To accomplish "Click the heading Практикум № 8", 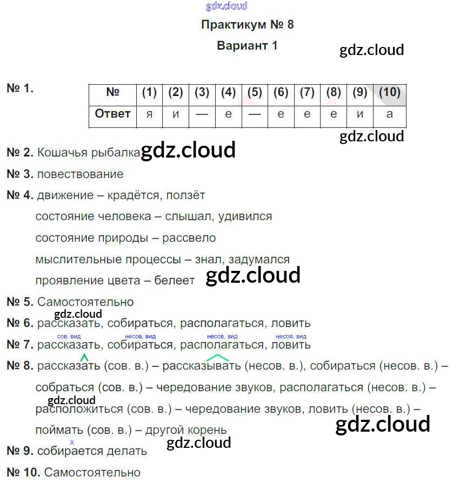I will [247, 25].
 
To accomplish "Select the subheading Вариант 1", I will [247, 45].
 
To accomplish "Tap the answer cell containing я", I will [149, 114].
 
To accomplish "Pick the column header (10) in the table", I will [389, 92].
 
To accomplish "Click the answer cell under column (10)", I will [389, 114].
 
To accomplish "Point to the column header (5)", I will [255, 92].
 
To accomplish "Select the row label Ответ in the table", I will [112, 114].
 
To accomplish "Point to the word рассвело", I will [189, 238].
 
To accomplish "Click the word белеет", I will [174, 281].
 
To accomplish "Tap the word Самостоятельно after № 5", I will [85, 302].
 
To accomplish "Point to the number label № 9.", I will [20, 451].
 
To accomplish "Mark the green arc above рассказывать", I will [217, 357].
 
